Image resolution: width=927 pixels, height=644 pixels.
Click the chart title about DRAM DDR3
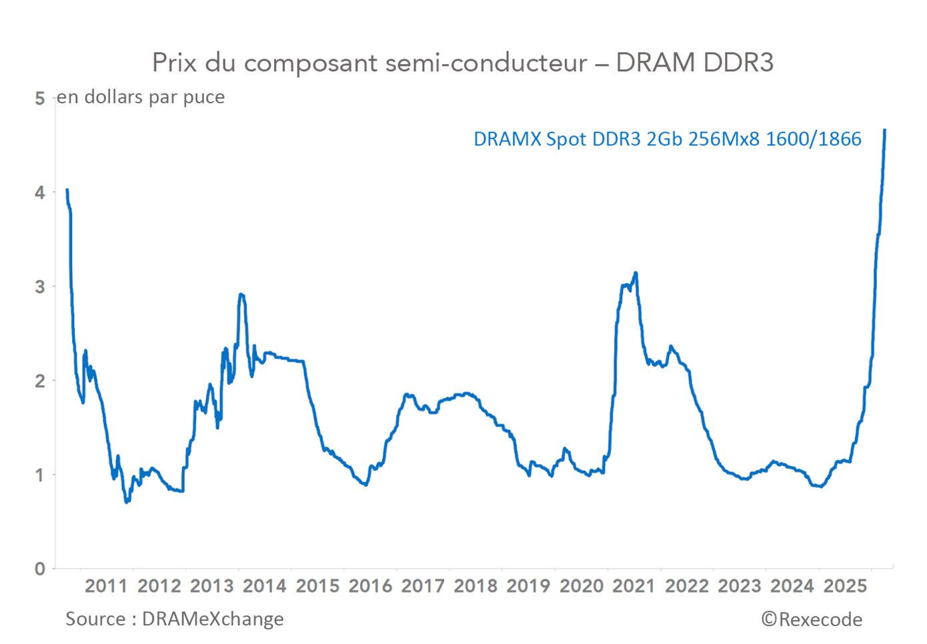[x=462, y=63]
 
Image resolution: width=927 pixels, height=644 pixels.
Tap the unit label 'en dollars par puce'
[x=141, y=97]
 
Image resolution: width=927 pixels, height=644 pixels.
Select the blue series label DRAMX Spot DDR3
[x=667, y=139]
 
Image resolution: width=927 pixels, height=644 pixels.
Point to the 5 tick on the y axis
[x=40, y=99]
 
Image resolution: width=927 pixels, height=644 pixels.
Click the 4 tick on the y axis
[x=40, y=193]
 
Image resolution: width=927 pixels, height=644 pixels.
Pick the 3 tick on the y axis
[x=40, y=287]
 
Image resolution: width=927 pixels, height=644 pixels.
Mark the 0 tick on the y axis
[x=40, y=569]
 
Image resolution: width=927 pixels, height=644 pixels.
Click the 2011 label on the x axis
[x=106, y=586]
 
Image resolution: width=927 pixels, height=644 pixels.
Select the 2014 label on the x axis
[x=264, y=586]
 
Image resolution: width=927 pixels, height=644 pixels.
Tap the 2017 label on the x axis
[x=423, y=586]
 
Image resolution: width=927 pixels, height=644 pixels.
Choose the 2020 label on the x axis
[x=581, y=586]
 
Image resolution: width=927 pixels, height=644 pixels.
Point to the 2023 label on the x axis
[x=739, y=586]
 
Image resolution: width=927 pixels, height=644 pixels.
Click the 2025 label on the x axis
[x=845, y=586]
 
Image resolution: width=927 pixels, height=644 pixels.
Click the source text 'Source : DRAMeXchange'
[x=175, y=619]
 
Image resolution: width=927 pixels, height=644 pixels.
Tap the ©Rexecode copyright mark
[x=812, y=620]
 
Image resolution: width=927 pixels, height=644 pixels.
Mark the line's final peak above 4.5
[x=884, y=130]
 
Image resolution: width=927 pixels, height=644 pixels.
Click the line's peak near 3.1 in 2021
[x=636, y=273]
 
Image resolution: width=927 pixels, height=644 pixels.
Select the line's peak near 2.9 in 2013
[x=241, y=294]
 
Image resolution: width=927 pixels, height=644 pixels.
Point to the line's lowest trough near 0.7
[x=127, y=501]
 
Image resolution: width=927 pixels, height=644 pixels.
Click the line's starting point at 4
[x=67, y=190]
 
